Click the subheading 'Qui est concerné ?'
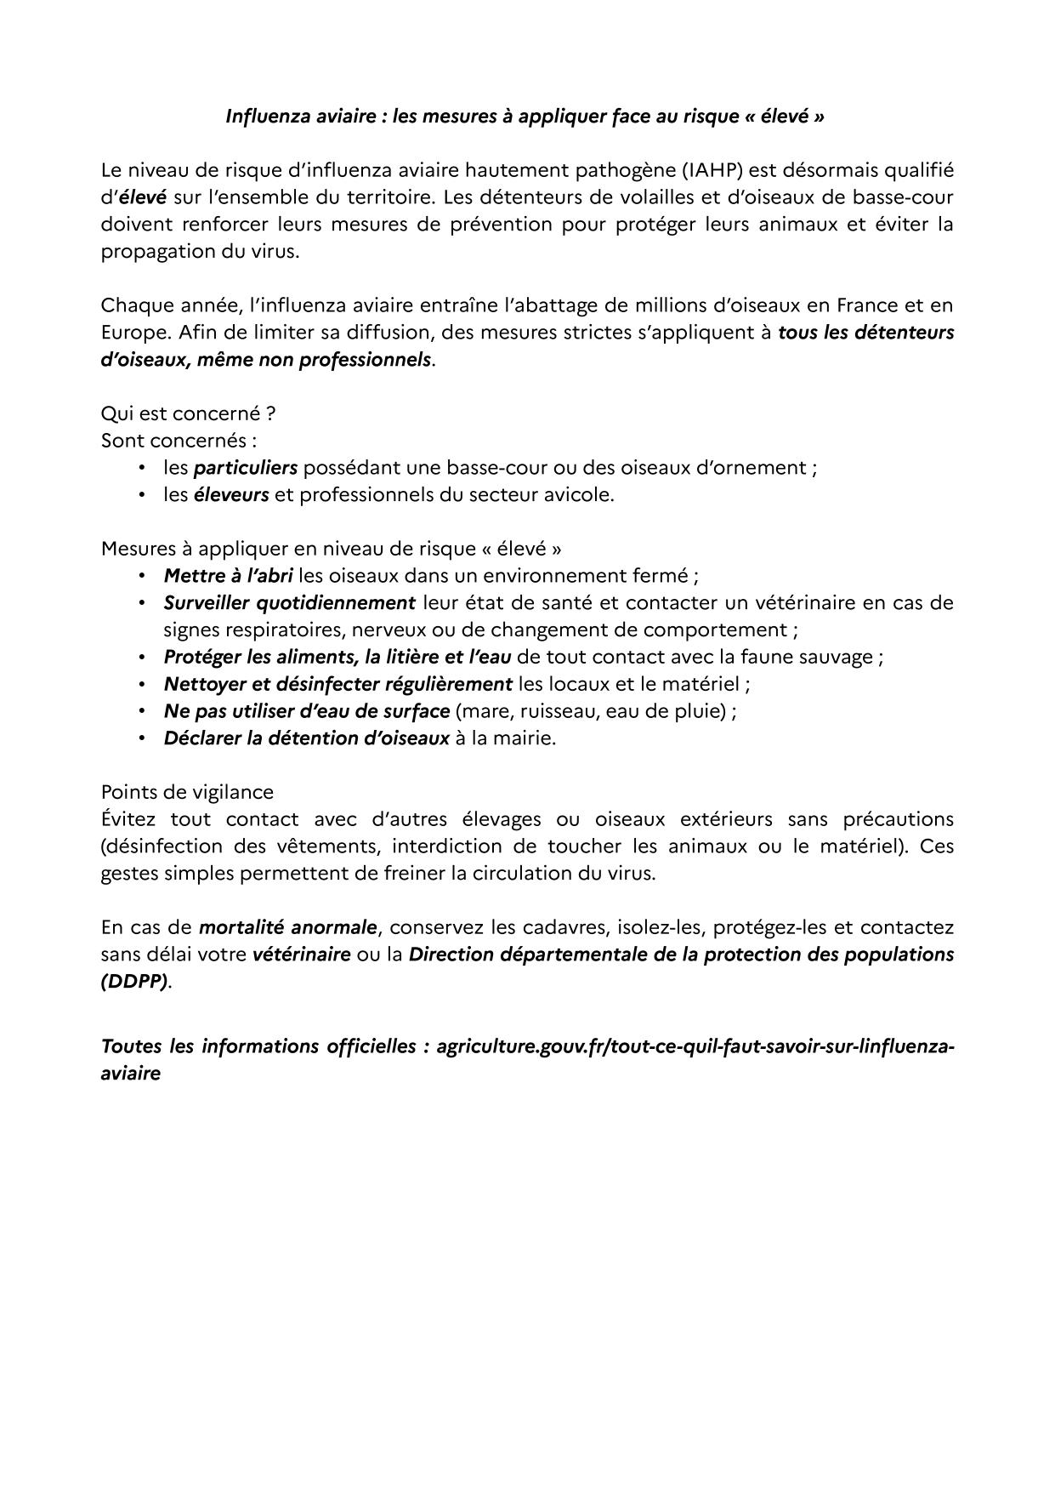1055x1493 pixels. click(188, 413)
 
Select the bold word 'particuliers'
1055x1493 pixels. click(246, 468)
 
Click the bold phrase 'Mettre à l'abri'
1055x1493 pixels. click(228, 576)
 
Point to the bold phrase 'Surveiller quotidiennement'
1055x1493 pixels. click(289, 603)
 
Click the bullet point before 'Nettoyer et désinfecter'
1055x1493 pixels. click(142, 684)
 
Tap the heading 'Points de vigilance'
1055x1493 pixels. click(187, 792)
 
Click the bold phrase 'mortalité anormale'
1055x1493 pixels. click(287, 927)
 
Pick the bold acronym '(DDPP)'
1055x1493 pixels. click(134, 982)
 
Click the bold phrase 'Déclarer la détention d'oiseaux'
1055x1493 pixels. click(306, 738)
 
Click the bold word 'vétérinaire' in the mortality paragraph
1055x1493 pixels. click(302, 954)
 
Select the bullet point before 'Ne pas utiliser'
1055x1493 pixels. click(142, 711)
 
